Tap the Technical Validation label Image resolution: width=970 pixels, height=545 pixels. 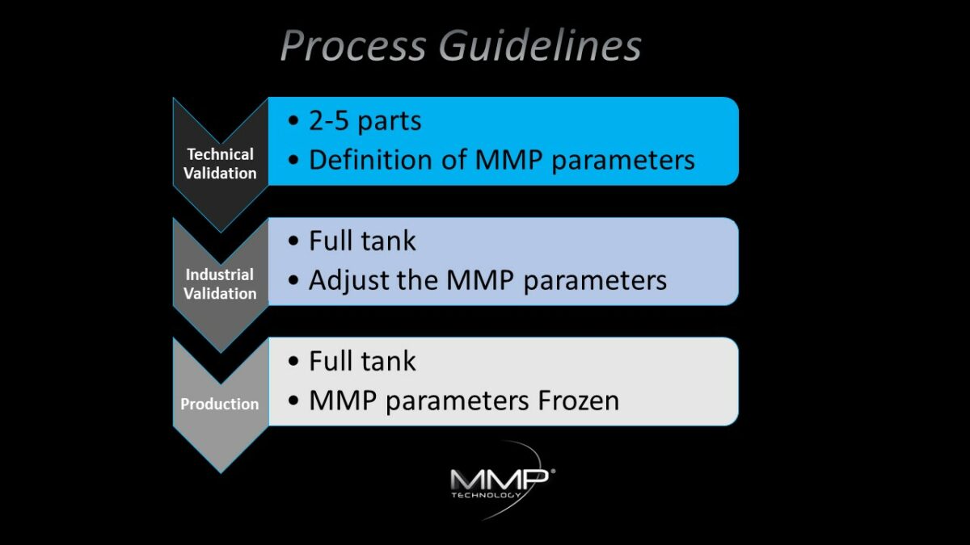[x=220, y=163]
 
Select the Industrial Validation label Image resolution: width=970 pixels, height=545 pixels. [x=220, y=283]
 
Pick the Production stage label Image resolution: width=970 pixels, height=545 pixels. [x=220, y=404]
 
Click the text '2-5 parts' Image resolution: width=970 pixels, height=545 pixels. [x=365, y=121]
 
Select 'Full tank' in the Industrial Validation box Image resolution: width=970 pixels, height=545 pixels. [x=362, y=241]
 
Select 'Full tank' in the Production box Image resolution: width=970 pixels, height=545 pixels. [x=362, y=361]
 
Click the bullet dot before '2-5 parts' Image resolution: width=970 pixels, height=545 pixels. [x=293, y=122]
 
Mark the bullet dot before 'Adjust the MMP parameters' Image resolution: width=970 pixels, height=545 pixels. [x=293, y=280]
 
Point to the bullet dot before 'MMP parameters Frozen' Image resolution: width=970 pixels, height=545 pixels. [x=293, y=401]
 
